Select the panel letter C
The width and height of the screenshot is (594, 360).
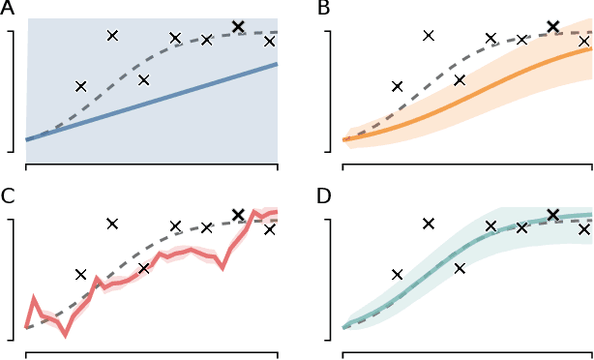pos(8,197)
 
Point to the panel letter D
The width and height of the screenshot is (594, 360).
pos(325,197)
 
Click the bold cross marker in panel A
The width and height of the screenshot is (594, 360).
pos(239,26)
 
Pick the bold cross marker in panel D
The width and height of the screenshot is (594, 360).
pos(553,215)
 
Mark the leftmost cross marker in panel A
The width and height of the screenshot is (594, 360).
pos(81,86)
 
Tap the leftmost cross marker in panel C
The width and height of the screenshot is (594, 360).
pos(81,274)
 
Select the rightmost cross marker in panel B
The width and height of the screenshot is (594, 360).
pos(584,41)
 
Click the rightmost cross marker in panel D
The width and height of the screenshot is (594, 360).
pos(584,229)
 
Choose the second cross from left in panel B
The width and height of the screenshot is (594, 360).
pos(429,36)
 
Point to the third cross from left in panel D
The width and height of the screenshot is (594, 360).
pos(460,268)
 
